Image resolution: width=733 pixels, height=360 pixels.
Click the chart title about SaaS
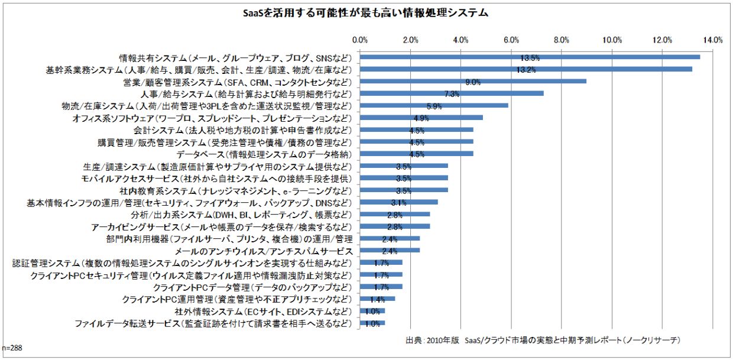pos(366,12)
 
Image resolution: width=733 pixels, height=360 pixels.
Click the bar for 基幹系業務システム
pos(526,69)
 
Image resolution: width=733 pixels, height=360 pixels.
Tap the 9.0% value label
pos(473,82)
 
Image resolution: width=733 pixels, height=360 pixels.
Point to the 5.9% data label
pos(434,106)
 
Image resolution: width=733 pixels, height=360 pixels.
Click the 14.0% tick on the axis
pos(713,40)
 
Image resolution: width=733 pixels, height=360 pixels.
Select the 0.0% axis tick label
pos(360,40)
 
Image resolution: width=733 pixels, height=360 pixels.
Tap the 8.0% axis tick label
pos(562,40)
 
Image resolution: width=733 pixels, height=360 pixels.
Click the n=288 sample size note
pos(12,348)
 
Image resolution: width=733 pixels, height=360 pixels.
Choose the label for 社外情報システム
pos(263,311)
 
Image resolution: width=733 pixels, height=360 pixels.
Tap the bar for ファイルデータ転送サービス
pos(372,323)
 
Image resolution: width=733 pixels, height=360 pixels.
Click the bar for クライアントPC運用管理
pos(378,299)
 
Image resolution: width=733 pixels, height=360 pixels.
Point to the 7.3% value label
pos(452,94)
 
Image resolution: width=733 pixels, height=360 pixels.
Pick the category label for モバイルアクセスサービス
pos(216,178)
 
